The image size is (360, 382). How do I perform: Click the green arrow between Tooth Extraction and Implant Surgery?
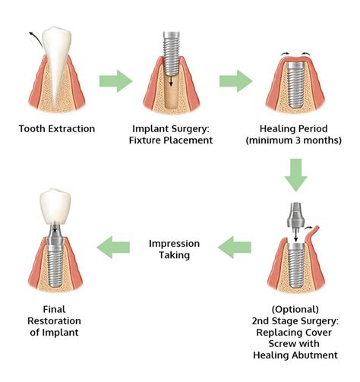pos(115,81)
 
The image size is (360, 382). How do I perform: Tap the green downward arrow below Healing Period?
pos(296,174)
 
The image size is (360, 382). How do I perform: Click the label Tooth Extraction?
pos(57,128)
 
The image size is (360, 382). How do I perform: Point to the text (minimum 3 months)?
pos(296,140)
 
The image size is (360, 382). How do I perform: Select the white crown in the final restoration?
pos(58,206)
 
